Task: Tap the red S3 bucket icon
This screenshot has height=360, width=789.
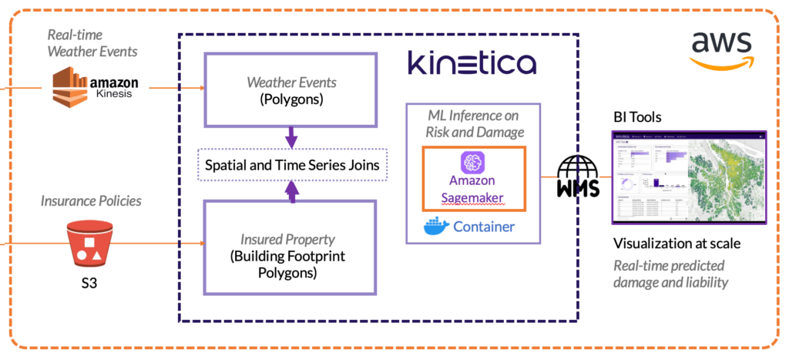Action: coord(91,244)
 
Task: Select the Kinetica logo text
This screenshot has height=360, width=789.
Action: coord(472,62)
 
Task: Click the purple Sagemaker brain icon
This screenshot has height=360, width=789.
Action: coord(473,163)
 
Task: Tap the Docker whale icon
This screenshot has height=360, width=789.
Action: coord(435,227)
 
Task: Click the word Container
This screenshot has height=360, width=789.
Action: coord(484,227)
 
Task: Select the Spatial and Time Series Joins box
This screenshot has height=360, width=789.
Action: coord(291,165)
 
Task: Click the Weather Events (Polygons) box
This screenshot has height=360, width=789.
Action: coord(291,89)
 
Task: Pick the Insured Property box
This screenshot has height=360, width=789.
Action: coord(291,248)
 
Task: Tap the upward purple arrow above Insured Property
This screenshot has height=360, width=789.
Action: coord(291,191)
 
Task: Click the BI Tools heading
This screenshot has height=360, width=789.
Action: coord(637,117)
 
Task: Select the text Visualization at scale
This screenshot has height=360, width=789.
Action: coord(677,244)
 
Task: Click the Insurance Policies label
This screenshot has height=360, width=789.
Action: coord(92,201)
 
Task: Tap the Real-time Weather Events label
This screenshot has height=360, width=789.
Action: coord(92,43)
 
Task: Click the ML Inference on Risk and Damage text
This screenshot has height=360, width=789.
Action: coord(474,123)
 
